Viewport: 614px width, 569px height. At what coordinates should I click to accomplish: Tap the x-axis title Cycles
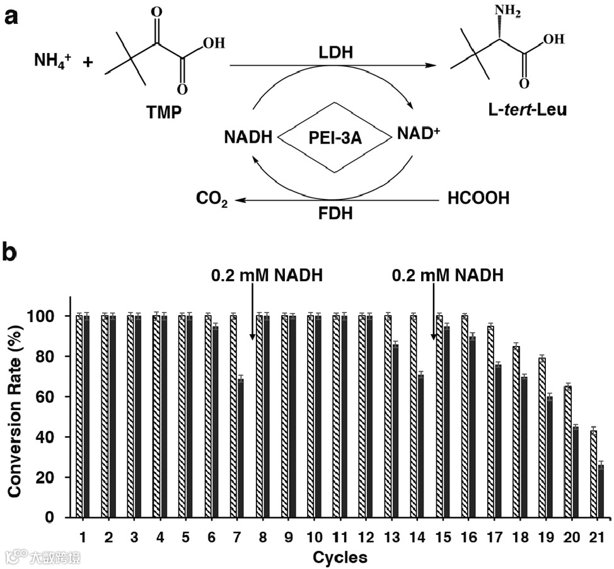pos(340,557)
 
